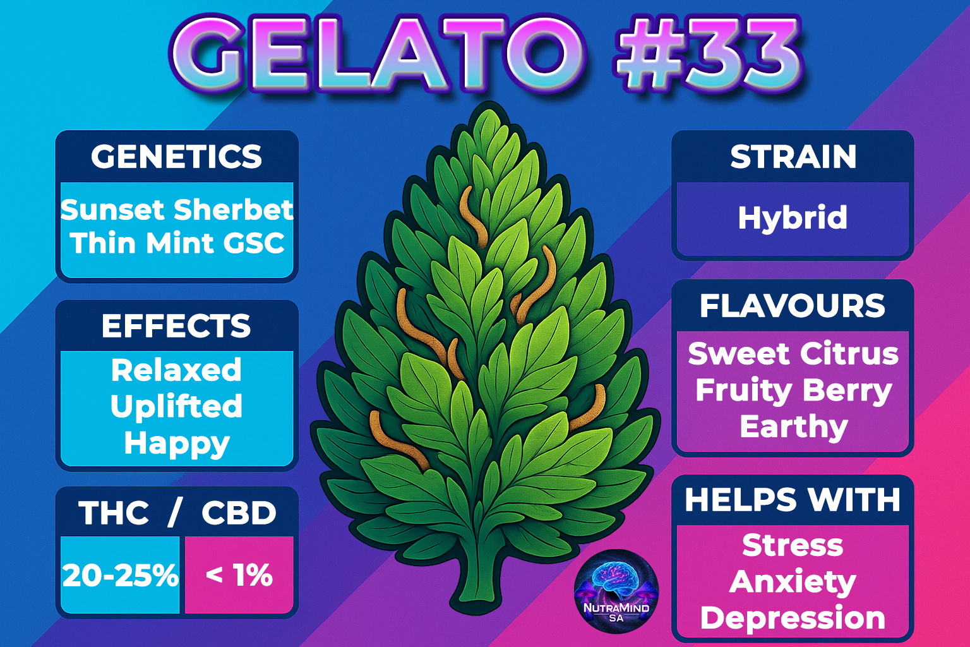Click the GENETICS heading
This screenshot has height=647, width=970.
(x=176, y=157)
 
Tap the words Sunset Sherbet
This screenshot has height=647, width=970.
(x=177, y=210)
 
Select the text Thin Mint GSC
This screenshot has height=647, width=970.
(x=177, y=243)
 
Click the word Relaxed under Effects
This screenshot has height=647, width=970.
(x=176, y=370)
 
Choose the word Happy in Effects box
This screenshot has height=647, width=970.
(x=177, y=444)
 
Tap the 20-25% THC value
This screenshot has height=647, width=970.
(x=120, y=576)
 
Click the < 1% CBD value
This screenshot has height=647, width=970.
(x=239, y=576)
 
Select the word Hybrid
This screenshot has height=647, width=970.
(x=793, y=218)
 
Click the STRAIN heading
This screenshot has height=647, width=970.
(x=793, y=157)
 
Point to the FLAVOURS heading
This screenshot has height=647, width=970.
(x=793, y=306)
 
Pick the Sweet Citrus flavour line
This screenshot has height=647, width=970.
(x=793, y=354)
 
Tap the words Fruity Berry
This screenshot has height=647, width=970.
(x=793, y=391)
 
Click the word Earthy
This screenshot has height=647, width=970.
(x=793, y=428)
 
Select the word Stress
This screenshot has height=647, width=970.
(x=793, y=545)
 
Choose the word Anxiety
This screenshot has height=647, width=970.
(x=793, y=583)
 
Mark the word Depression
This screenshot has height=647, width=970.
(x=793, y=619)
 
